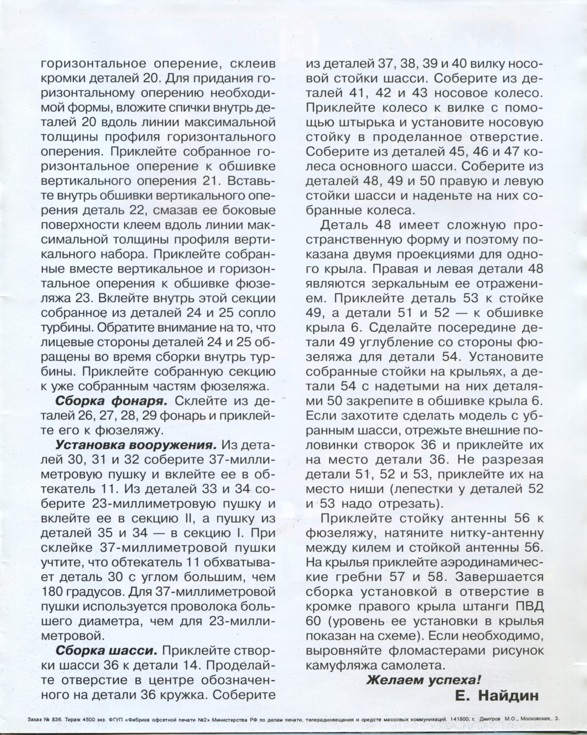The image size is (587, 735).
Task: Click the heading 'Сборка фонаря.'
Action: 111,401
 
